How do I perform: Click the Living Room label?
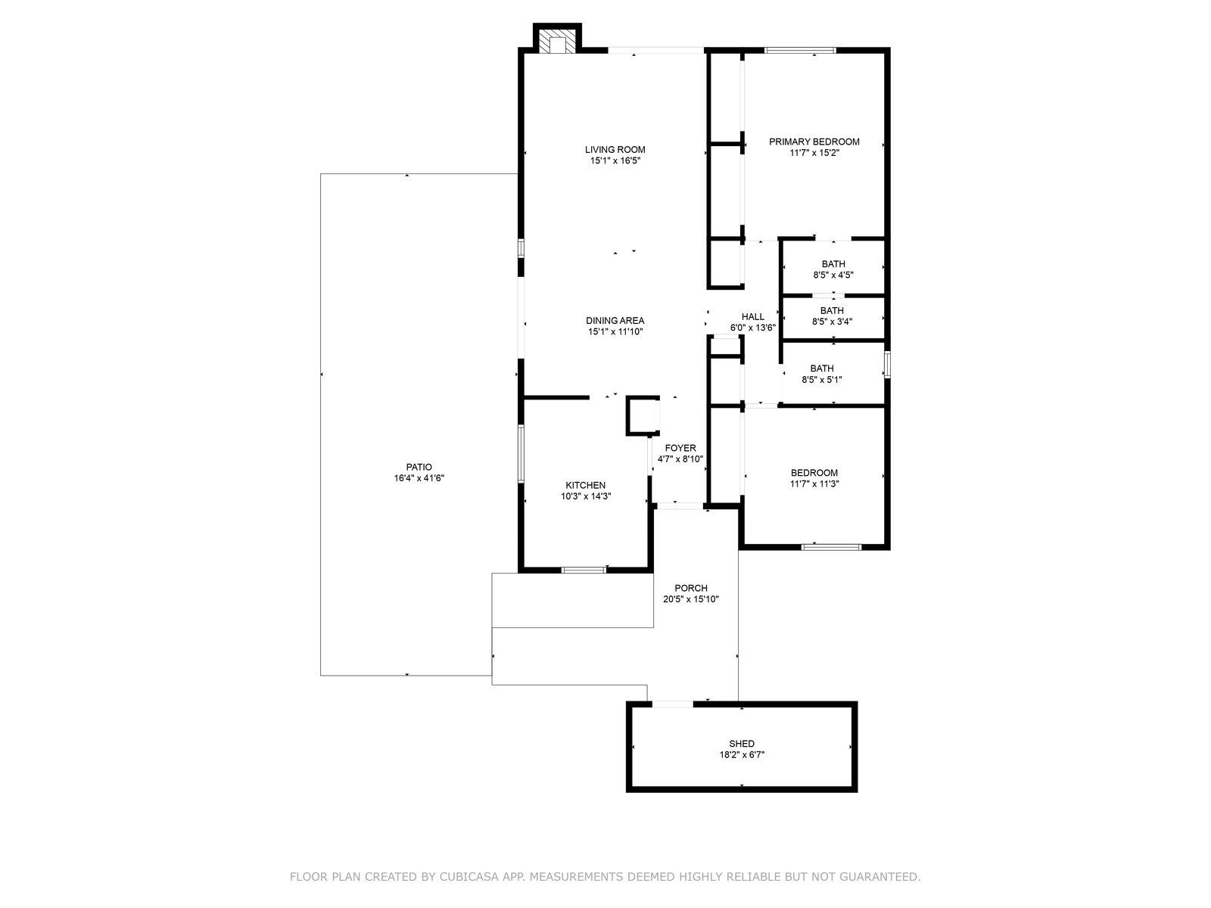615,149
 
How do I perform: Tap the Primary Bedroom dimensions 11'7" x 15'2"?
814,153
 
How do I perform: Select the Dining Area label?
615,320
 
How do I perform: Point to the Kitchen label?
585,485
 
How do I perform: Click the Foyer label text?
680,448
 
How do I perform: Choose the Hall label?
752,316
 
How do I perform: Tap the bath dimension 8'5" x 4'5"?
833,275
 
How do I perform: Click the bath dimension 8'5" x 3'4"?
832,322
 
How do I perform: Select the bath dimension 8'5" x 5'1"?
821,379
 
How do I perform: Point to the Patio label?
419,467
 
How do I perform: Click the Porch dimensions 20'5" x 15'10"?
691,599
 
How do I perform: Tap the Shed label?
742,744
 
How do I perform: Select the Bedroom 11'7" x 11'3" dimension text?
814,484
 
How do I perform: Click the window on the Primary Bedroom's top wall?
800,50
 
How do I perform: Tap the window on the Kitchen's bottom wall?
584,570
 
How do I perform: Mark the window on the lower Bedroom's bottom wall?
831,547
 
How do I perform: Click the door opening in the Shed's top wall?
673,704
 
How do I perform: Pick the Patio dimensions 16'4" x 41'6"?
419,478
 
